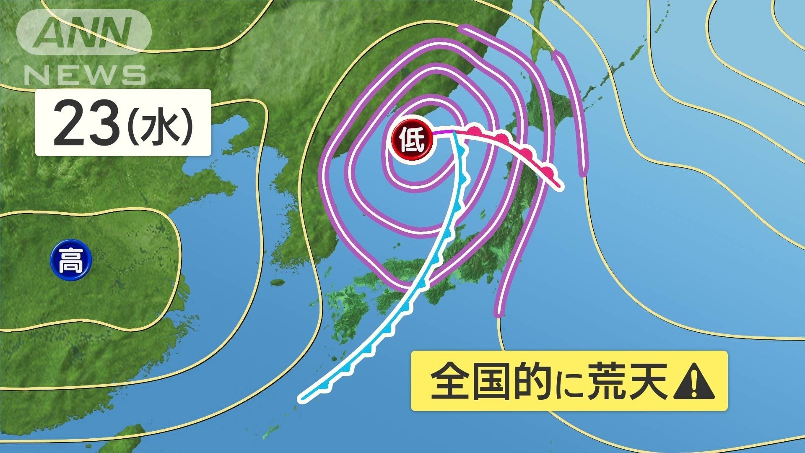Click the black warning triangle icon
[693, 381]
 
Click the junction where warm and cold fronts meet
[454, 133]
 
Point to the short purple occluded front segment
[443, 133]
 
